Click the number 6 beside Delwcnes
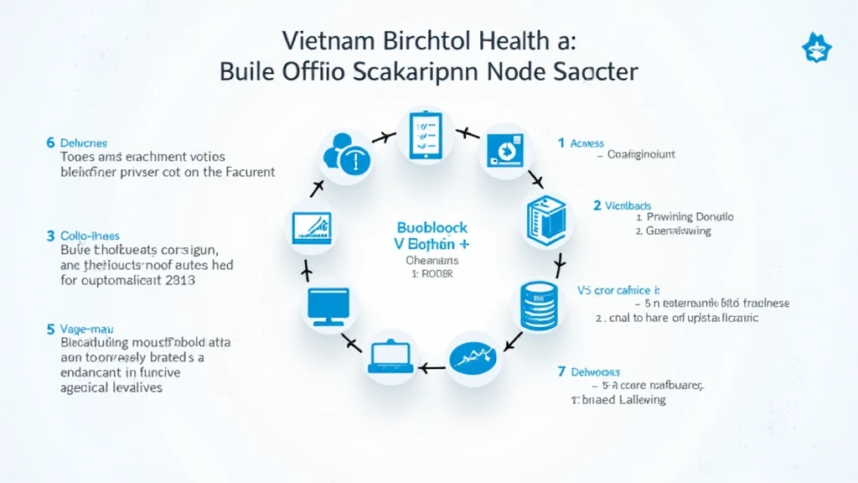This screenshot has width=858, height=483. coord(50,143)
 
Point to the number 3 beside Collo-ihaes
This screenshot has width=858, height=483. coord(50,236)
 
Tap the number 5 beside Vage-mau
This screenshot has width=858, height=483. coord(50,330)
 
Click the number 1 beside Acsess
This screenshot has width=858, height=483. coord(561,143)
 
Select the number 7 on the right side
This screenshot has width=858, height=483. coord(561,371)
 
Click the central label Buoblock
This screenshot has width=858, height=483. coord(432,227)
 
